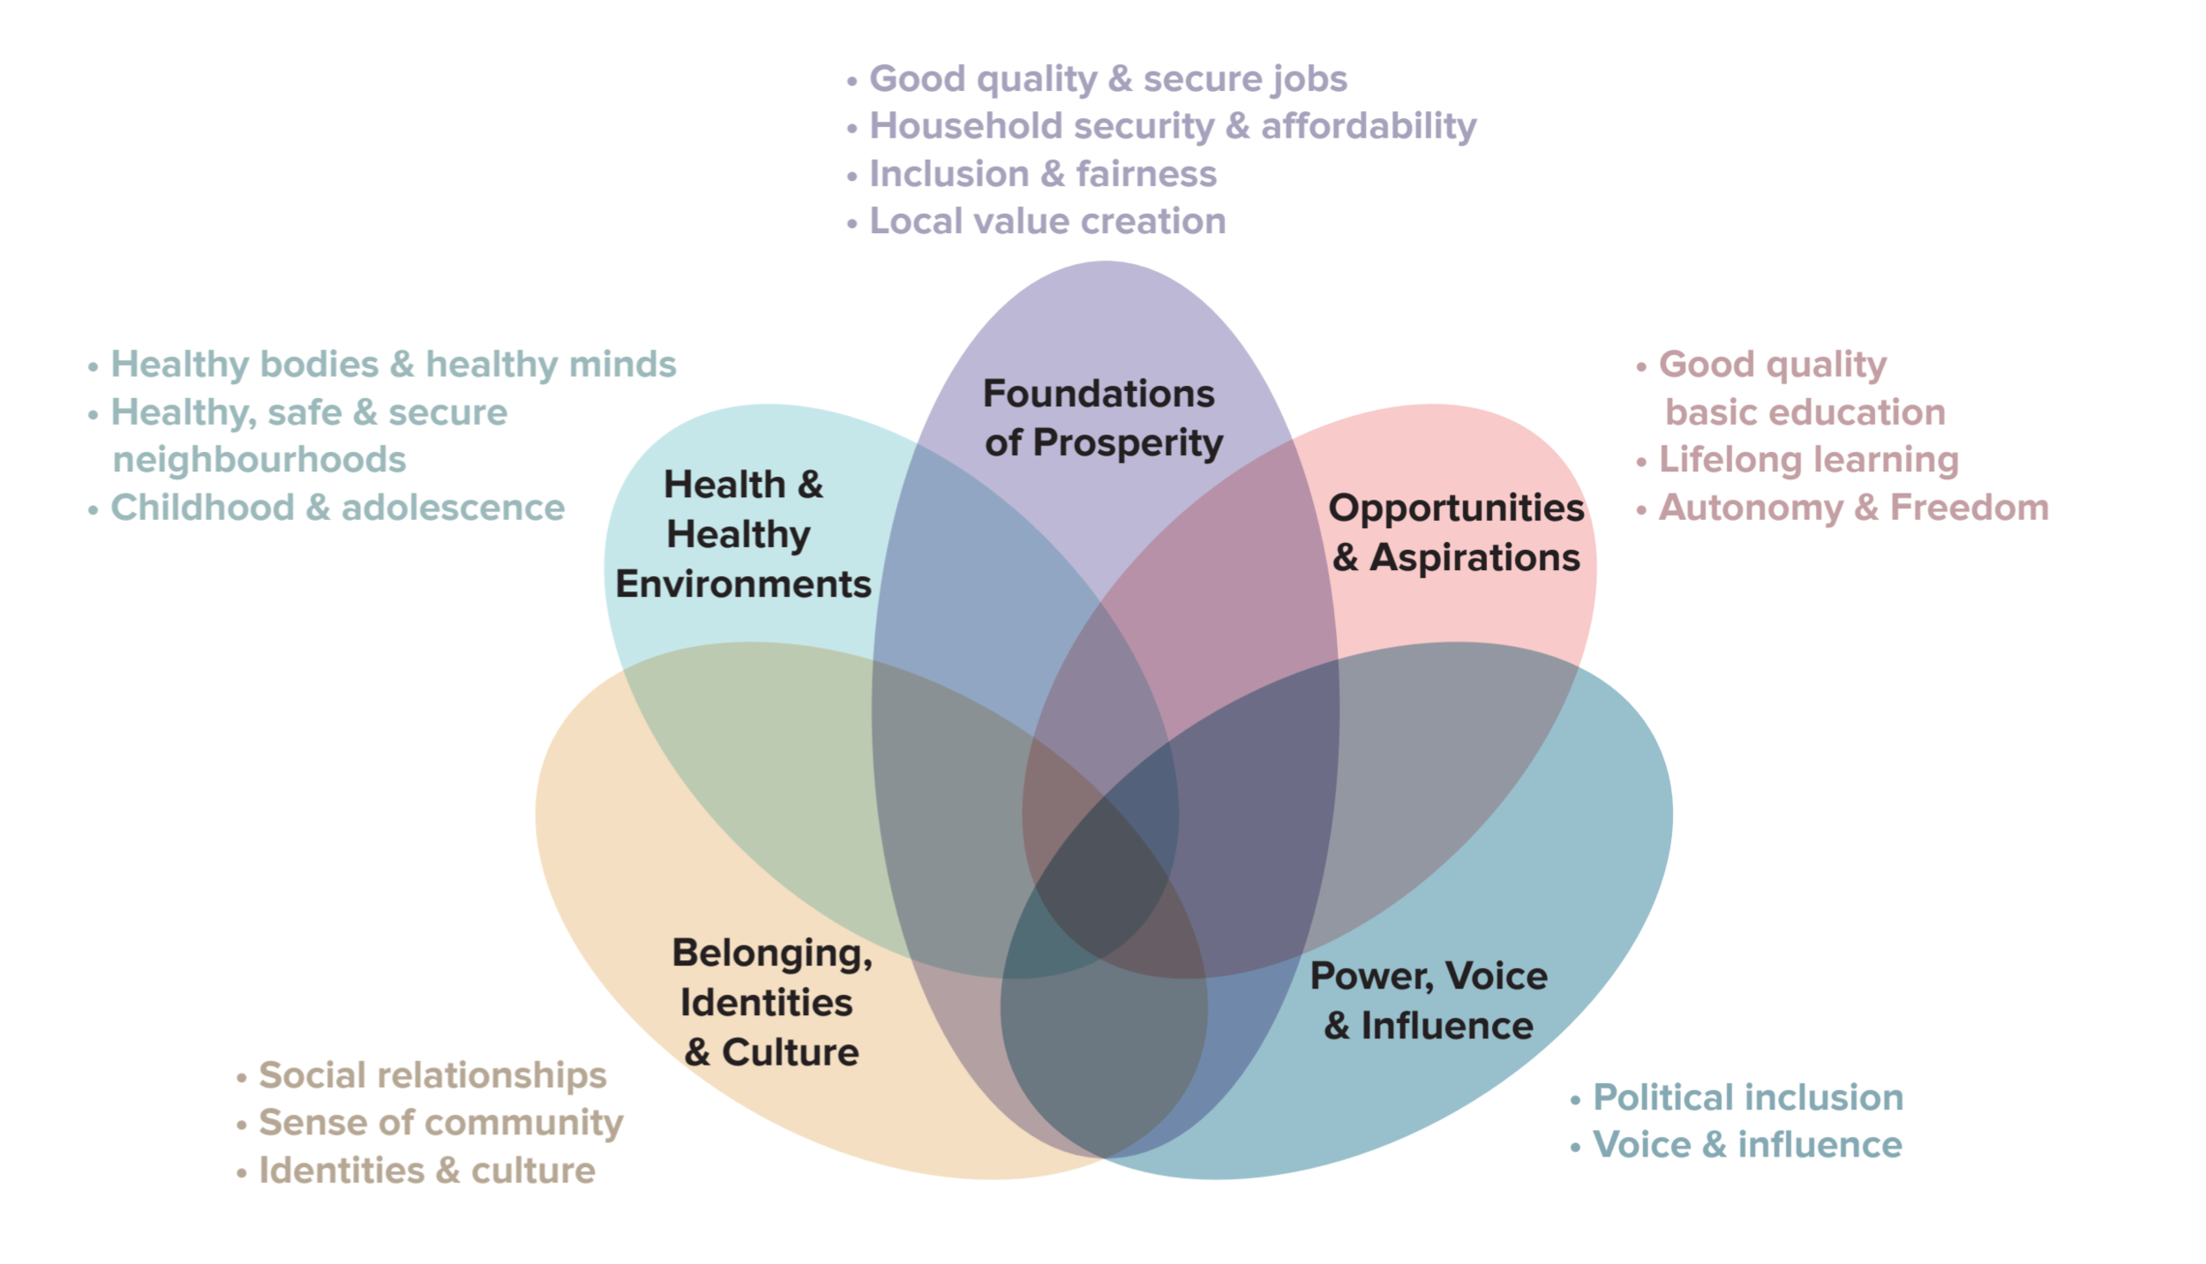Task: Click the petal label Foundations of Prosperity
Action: click(1102, 418)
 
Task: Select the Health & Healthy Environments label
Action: click(743, 534)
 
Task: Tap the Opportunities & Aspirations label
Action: click(1456, 532)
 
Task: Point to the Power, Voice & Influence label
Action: click(1429, 1000)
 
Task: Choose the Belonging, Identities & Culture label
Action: click(771, 1002)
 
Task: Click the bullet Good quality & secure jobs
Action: click(1107, 79)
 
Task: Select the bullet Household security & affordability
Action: click(1172, 126)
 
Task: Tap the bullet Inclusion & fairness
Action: click(1042, 174)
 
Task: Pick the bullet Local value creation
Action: click(1047, 222)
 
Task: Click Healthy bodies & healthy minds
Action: click(393, 365)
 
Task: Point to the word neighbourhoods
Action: click(259, 460)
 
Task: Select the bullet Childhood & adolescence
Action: click(337, 508)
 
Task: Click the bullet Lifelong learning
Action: click(1808, 460)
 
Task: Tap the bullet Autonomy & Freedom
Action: click(1853, 508)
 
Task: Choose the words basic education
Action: click(1805, 412)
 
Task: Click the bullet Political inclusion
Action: click(1747, 1097)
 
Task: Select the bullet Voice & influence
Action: click(1747, 1145)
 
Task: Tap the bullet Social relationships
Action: click(432, 1075)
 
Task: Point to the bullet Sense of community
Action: click(440, 1123)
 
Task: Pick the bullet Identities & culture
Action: click(427, 1170)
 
